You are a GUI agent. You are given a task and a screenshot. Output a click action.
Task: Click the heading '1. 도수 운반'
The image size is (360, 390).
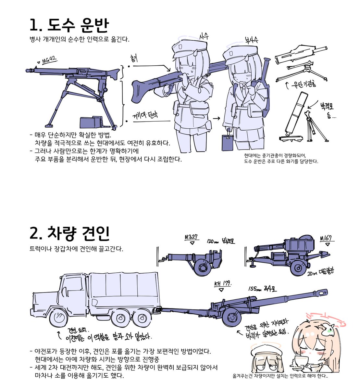[x=69, y=25]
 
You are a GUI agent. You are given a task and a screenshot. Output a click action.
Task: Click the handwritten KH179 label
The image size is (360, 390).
[x=222, y=284]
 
